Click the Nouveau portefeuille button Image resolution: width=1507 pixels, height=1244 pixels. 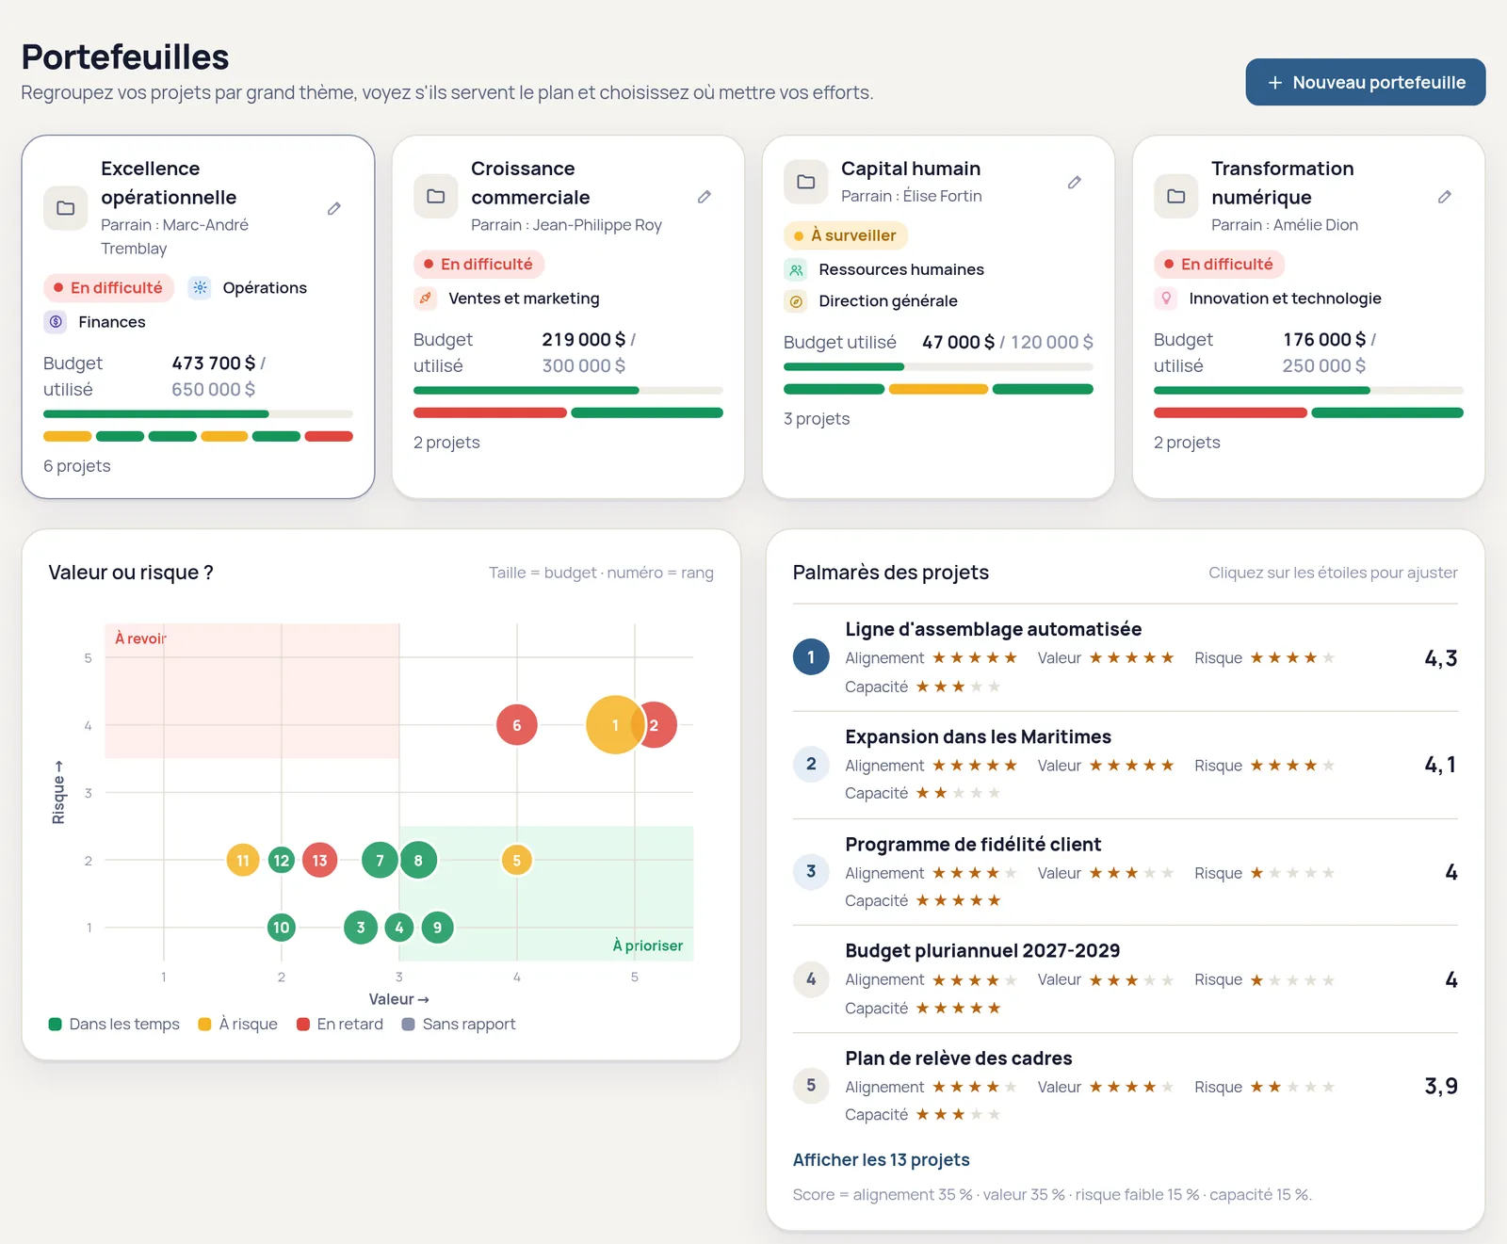pyautogui.click(x=1365, y=82)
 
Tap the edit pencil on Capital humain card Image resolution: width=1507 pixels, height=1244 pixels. pyautogui.click(x=1075, y=182)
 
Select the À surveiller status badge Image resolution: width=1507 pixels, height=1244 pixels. pyautogui.click(x=845, y=235)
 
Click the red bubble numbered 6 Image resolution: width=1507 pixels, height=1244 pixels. pyautogui.click(x=516, y=725)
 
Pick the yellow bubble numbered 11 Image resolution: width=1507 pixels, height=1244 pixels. pyautogui.click(x=243, y=860)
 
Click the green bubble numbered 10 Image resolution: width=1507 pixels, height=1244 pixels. pyautogui.click(x=281, y=928)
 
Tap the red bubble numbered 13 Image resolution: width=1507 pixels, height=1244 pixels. pyautogui.click(x=319, y=860)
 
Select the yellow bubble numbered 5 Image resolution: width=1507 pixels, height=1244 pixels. pyautogui.click(x=516, y=860)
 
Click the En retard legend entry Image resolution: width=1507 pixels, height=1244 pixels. pyautogui.click(x=340, y=1024)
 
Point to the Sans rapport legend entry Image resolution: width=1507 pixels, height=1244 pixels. pyautogui.click(x=459, y=1024)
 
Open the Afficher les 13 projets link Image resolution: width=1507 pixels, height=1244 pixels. pyautogui.click(x=881, y=1159)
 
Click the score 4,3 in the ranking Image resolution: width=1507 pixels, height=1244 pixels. pyautogui.click(x=1440, y=658)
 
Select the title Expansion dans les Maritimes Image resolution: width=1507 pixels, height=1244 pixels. pyautogui.click(x=978, y=736)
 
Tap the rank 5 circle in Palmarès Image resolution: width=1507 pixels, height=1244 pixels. pyautogui.click(x=811, y=1085)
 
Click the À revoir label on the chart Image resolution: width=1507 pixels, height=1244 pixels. pyautogui.click(x=140, y=638)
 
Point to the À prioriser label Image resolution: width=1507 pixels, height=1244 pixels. pyautogui.click(x=647, y=945)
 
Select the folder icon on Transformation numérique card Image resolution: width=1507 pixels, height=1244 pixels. pyautogui.click(x=1175, y=196)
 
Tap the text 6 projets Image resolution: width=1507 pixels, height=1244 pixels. pyautogui.click(x=76, y=466)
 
